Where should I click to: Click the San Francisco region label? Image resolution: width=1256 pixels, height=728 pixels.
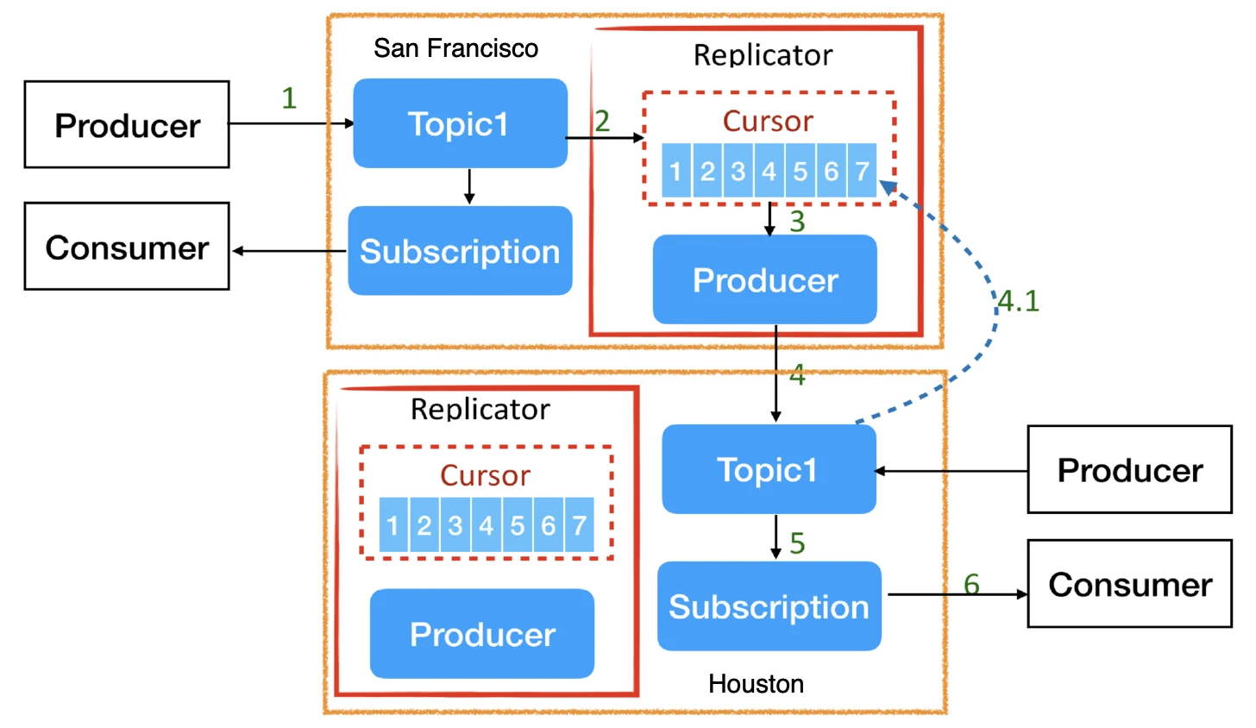click(455, 48)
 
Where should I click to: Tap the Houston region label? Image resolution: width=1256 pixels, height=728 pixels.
click(756, 684)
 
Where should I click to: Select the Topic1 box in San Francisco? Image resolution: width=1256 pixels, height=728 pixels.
click(460, 123)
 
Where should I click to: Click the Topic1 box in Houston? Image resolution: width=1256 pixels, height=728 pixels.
click(768, 469)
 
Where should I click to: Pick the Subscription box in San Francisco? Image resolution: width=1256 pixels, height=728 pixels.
click(460, 251)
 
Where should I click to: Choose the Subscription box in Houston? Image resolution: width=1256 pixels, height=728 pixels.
click(769, 606)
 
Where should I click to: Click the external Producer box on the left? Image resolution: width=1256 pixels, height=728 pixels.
click(127, 125)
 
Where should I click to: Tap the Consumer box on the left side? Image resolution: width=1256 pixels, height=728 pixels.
click(127, 247)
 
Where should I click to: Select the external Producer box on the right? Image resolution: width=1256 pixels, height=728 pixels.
click(1129, 470)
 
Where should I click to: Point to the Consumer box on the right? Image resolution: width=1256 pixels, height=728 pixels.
click(1129, 584)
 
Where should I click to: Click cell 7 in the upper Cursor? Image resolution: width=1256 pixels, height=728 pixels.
click(862, 171)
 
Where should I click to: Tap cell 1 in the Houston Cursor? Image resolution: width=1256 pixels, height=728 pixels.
click(393, 525)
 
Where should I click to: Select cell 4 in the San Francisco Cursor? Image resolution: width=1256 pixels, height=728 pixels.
click(769, 171)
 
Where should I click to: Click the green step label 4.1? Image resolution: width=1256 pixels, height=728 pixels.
click(1019, 301)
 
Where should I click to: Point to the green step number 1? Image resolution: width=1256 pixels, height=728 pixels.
click(289, 98)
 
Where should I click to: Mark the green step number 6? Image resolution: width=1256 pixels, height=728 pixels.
click(971, 584)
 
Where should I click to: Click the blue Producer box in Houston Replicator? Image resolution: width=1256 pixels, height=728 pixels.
click(482, 634)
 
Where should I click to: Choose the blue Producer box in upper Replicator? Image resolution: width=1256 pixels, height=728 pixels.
click(765, 279)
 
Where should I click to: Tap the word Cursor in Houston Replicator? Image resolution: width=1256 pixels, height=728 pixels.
click(485, 475)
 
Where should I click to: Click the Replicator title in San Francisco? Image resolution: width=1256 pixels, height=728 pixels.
click(763, 55)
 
